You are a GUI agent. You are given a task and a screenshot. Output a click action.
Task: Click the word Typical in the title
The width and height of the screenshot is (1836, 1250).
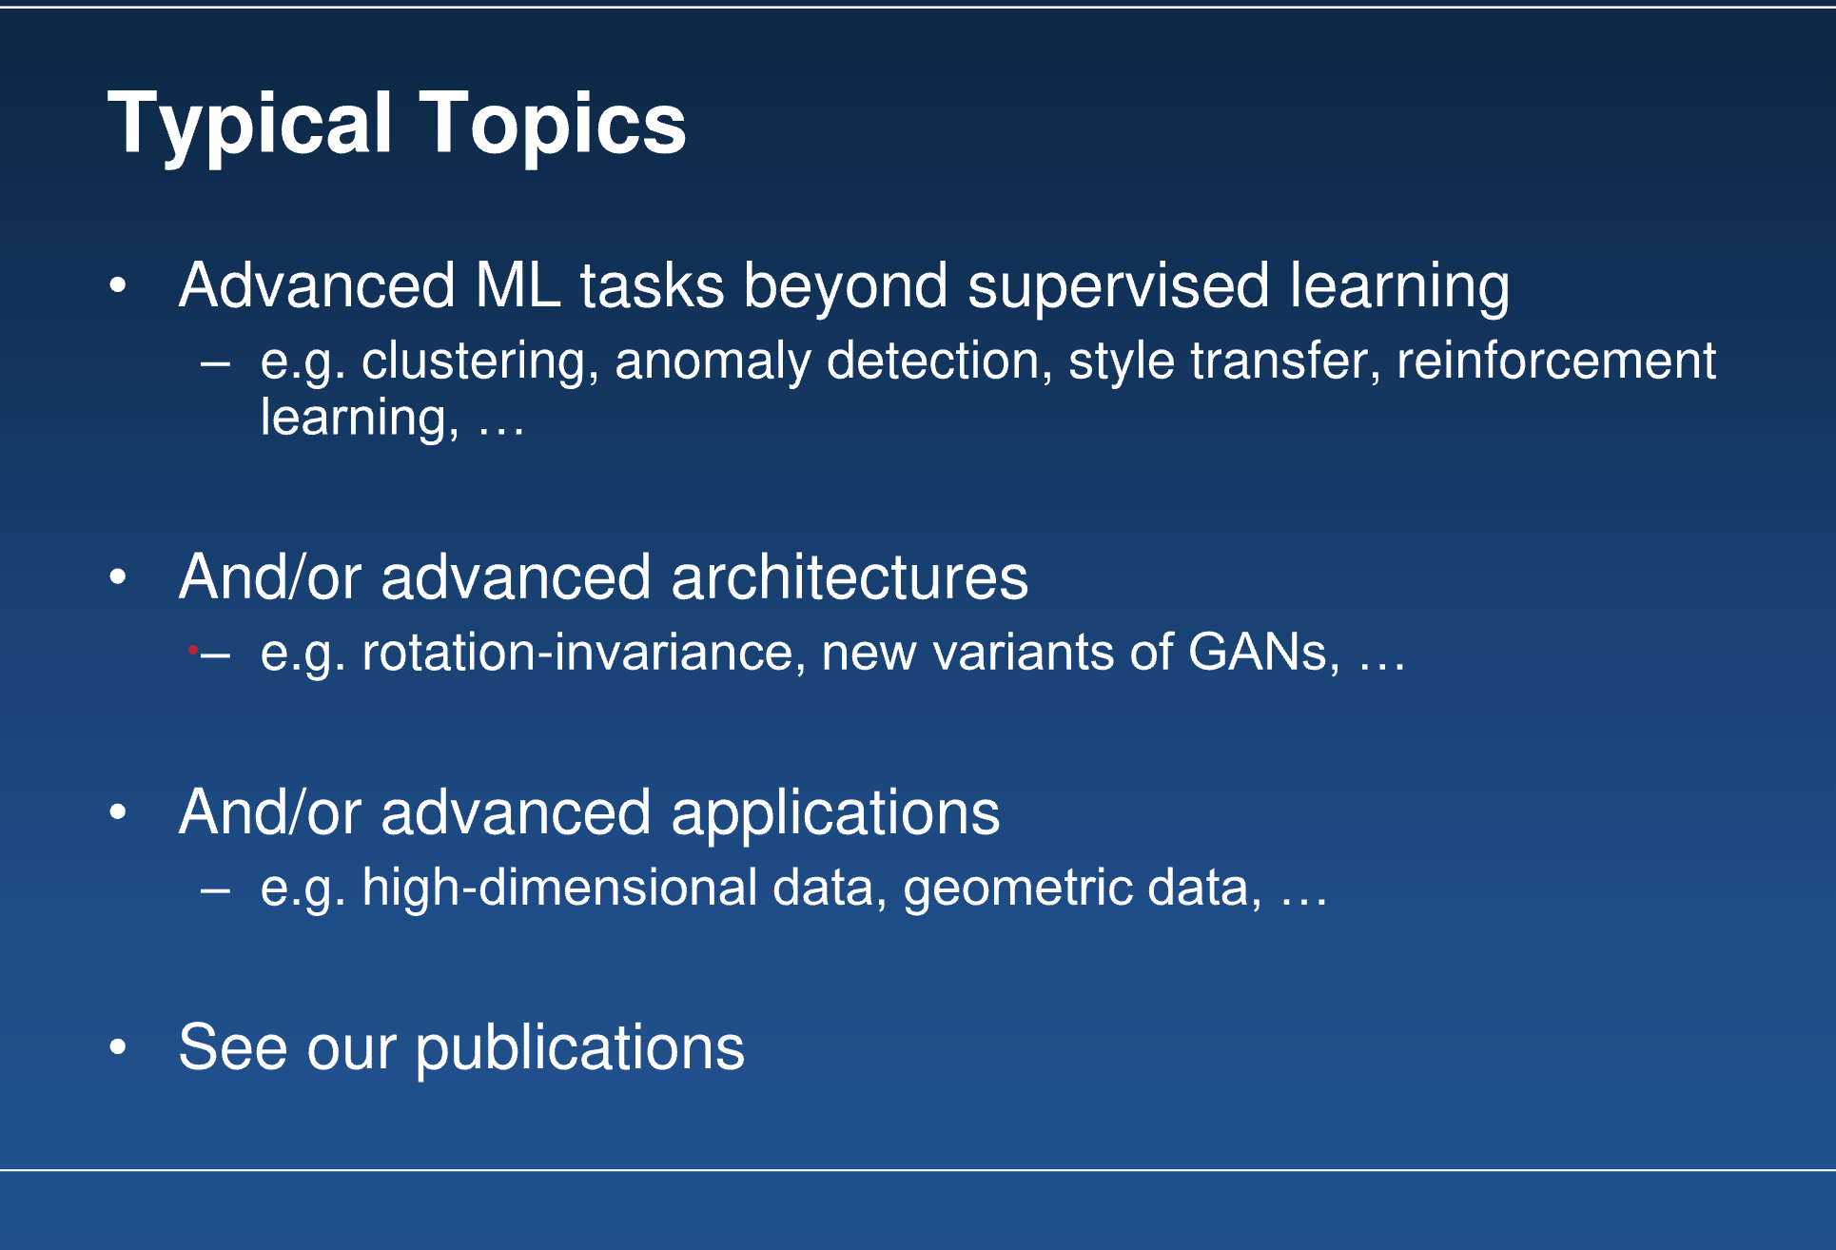click(x=250, y=125)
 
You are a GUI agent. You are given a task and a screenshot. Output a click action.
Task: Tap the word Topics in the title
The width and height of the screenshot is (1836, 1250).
click(x=553, y=125)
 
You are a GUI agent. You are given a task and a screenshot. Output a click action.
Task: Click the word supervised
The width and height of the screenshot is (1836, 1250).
click(x=1118, y=287)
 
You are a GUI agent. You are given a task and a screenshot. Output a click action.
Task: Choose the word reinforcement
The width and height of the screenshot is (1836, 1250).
click(x=1556, y=361)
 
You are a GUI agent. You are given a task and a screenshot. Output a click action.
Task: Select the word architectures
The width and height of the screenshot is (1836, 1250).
click(x=850, y=577)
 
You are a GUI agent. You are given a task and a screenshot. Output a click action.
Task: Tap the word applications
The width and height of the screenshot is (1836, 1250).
click(x=835, y=814)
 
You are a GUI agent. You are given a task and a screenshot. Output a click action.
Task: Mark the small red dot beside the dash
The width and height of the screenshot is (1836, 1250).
click(x=192, y=651)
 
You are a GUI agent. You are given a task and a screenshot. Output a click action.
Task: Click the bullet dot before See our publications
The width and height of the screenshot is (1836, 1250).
click(x=118, y=1047)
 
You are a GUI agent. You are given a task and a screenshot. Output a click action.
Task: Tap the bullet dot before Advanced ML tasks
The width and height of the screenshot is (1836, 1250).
click(x=118, y=284)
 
